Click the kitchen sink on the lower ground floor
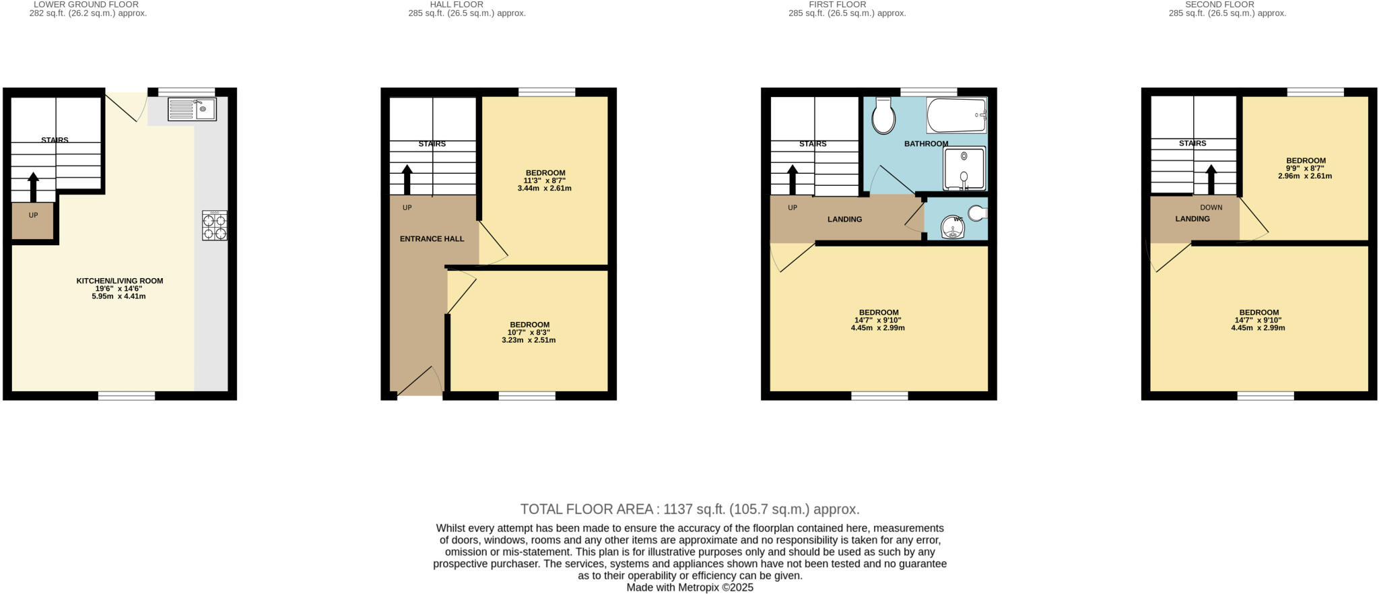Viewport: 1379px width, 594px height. tap(192, 109)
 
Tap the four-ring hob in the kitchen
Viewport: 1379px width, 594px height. tap(215, 226)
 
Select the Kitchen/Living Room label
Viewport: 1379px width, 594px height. tap(119, 281)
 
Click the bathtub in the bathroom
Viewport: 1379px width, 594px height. tap(956, 116)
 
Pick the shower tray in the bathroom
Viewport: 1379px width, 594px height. tap(964, 168)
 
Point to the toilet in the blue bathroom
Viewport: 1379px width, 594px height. tap(883, 116)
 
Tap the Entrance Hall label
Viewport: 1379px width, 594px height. tap(432, 239)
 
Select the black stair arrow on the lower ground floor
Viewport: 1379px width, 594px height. tap(33, 187)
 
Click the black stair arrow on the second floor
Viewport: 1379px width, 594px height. tap(1211, 179)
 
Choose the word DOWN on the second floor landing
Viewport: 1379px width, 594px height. tap(1211, 207)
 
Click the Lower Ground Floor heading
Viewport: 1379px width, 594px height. tap(86, 5)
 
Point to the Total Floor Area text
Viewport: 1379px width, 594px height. tap(689, 509)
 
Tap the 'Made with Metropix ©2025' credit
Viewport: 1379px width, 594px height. tap(689, 587)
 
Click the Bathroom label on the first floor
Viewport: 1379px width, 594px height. tap(926, 143)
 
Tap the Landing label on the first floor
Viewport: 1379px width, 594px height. tap(844, 220)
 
